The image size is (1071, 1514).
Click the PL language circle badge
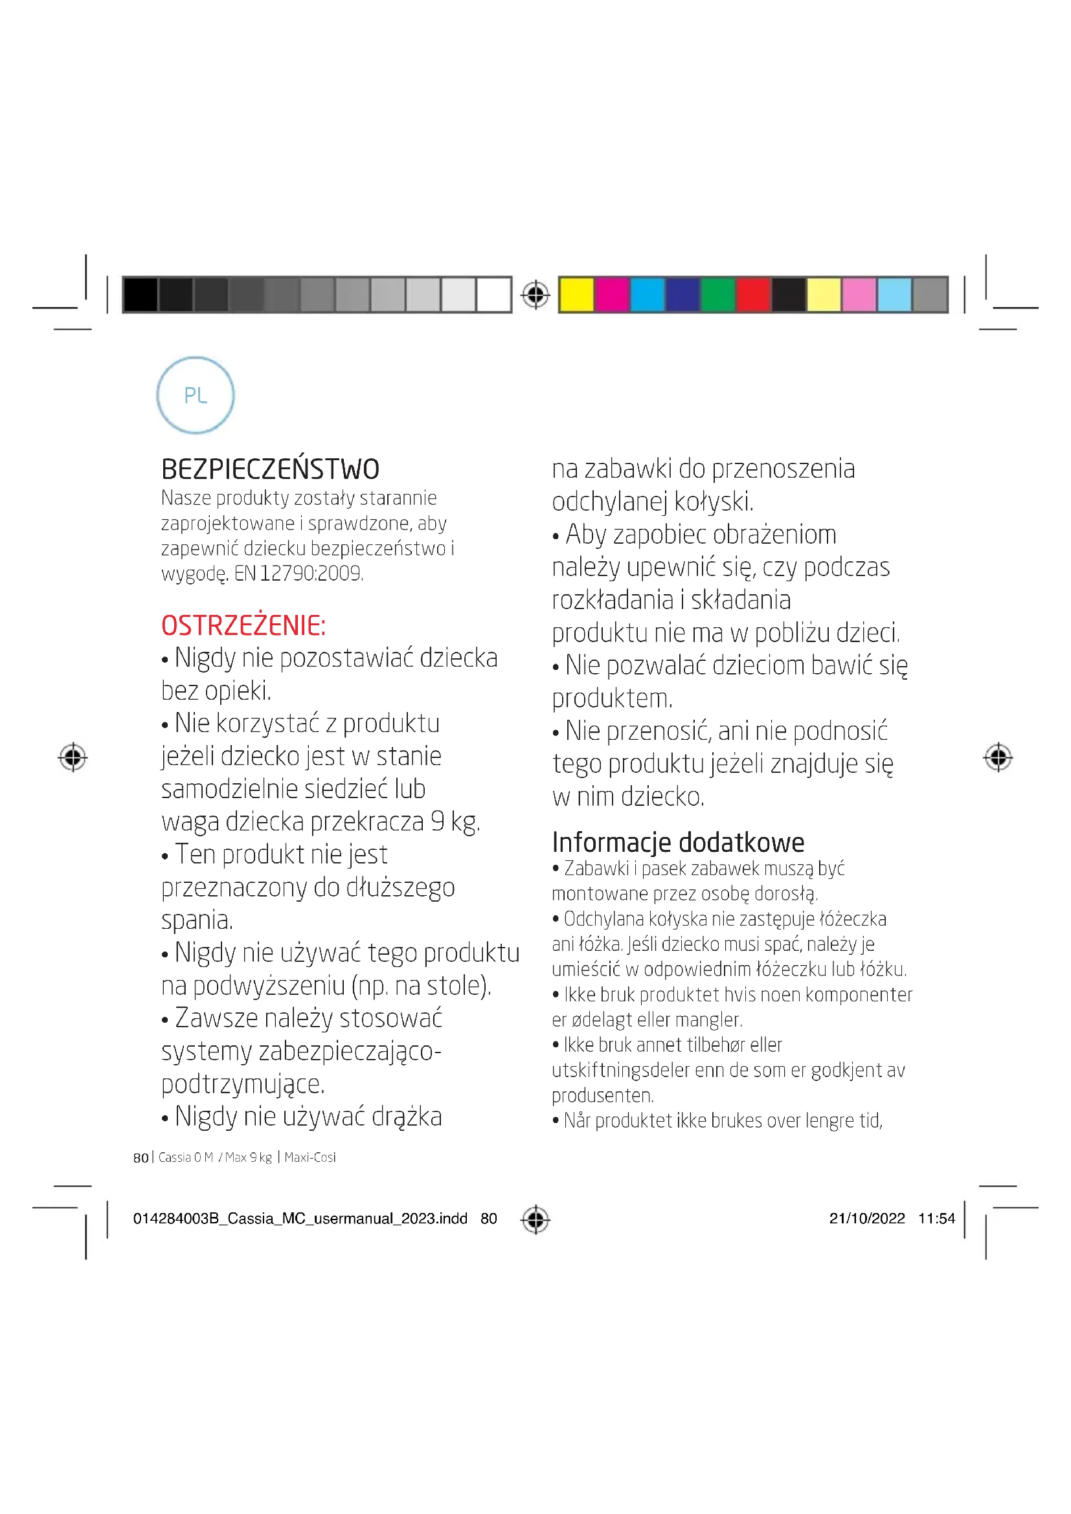click(x=195, y=395)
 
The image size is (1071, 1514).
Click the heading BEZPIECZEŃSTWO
click(x=271, y=469)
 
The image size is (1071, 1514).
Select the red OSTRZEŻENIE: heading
click(x=243, y=625)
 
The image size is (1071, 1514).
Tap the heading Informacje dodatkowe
click(x=678, y=842)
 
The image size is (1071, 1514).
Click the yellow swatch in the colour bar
click(x=576, y=294)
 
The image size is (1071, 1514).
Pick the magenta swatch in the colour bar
click(x=612, y=294)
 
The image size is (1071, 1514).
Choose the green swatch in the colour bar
click(x=718, y=294)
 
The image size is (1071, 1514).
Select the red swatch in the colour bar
click(x=754, y=294)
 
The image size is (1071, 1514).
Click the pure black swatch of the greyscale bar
click(x=141, y=294)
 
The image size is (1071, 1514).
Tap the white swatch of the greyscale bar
click(x=494, y=294)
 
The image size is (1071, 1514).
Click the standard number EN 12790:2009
click(x=299, y=573)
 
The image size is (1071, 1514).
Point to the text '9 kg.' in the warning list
click(x=455, y=821)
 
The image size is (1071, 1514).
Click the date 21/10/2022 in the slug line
click(x=867, y=1218)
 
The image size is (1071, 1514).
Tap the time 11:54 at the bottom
click(x=936, y=1218)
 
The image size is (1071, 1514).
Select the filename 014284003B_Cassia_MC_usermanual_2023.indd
click(x=300, y=1218)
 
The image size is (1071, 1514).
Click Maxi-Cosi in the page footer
click(x=310, y=1157)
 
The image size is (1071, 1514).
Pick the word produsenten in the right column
click(x=602, y=1095)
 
